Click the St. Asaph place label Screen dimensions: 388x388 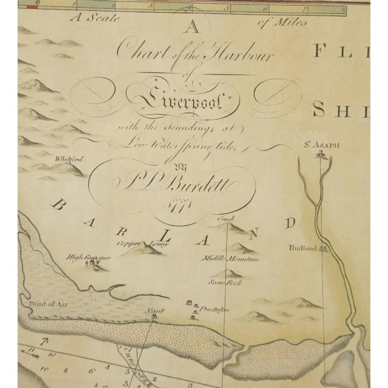click(319, 145)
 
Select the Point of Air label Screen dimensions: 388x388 click(42, 302)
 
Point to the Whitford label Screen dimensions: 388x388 click(67, 161)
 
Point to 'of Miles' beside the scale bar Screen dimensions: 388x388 click(282, 24)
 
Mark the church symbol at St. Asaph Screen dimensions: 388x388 click(319, 155)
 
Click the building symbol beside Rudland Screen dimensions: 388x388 click(324, 247)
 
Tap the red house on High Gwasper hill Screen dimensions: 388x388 click(90, 264)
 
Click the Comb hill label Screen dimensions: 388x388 click(226, 219)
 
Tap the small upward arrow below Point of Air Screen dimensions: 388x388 click(42, 343)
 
